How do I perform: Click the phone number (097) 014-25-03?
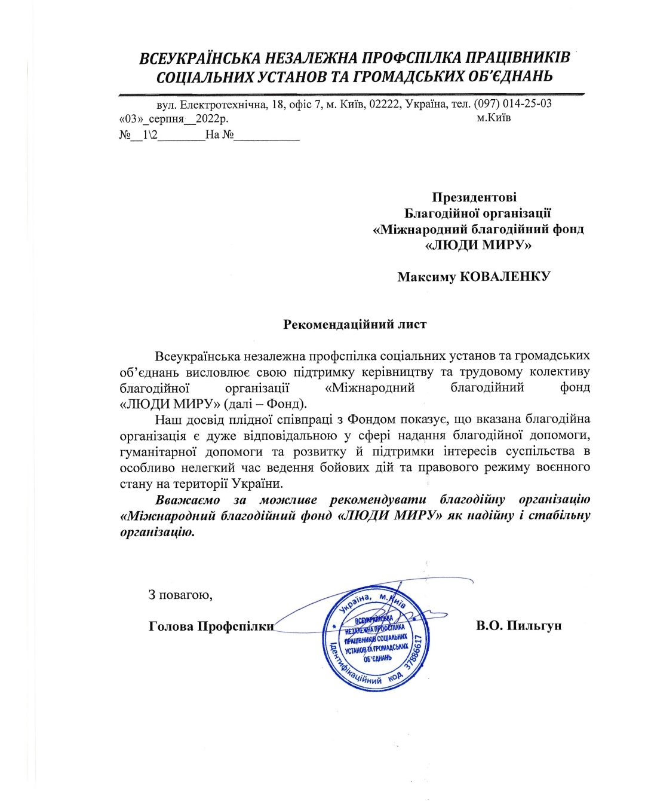pyautogui.click(x=513, y=103)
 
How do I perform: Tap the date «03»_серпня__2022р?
pyautogui.click(x=174, y=118)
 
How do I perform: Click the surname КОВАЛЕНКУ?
pyautogui.click(x=506, y=276)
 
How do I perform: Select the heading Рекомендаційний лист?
pyautogui.click(x=355, y=324)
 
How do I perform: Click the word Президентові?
pyautogui.click(x=474, y=197)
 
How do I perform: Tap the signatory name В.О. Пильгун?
pyautogui.click(x=518, y=626)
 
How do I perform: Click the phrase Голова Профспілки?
pyautogui.click(x=211, y=626)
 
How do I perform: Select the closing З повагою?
pyautogui.click(x=180, y=595)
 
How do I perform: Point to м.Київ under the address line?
pyautogui.click(x=494, y=118)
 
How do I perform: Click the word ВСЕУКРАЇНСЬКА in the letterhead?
pyautogui.click(x=199, y=59)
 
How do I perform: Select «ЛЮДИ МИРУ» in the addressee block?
pyautogui.click(x=478, y=244)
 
